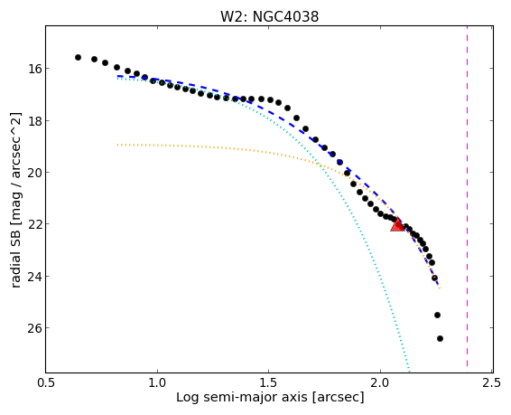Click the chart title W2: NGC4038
[x=269, y=16]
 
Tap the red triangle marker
[x=397, y=225]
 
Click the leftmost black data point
[x=78, y=58]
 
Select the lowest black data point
[x=440, y=339]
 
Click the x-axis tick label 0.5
[x=46, y=382]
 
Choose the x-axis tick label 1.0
[x=157, y=382]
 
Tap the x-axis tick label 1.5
[x=269, y=382]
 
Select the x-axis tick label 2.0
[x=380, y=382]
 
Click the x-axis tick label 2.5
[x=492, y=382]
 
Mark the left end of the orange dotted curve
[x=117, y=144]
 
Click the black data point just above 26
[x=437, y=316]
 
